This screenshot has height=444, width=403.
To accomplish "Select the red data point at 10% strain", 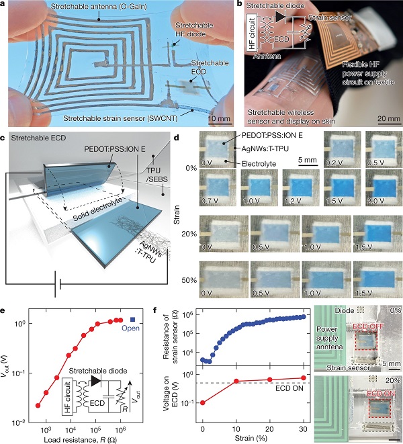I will (x=236, y=382).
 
